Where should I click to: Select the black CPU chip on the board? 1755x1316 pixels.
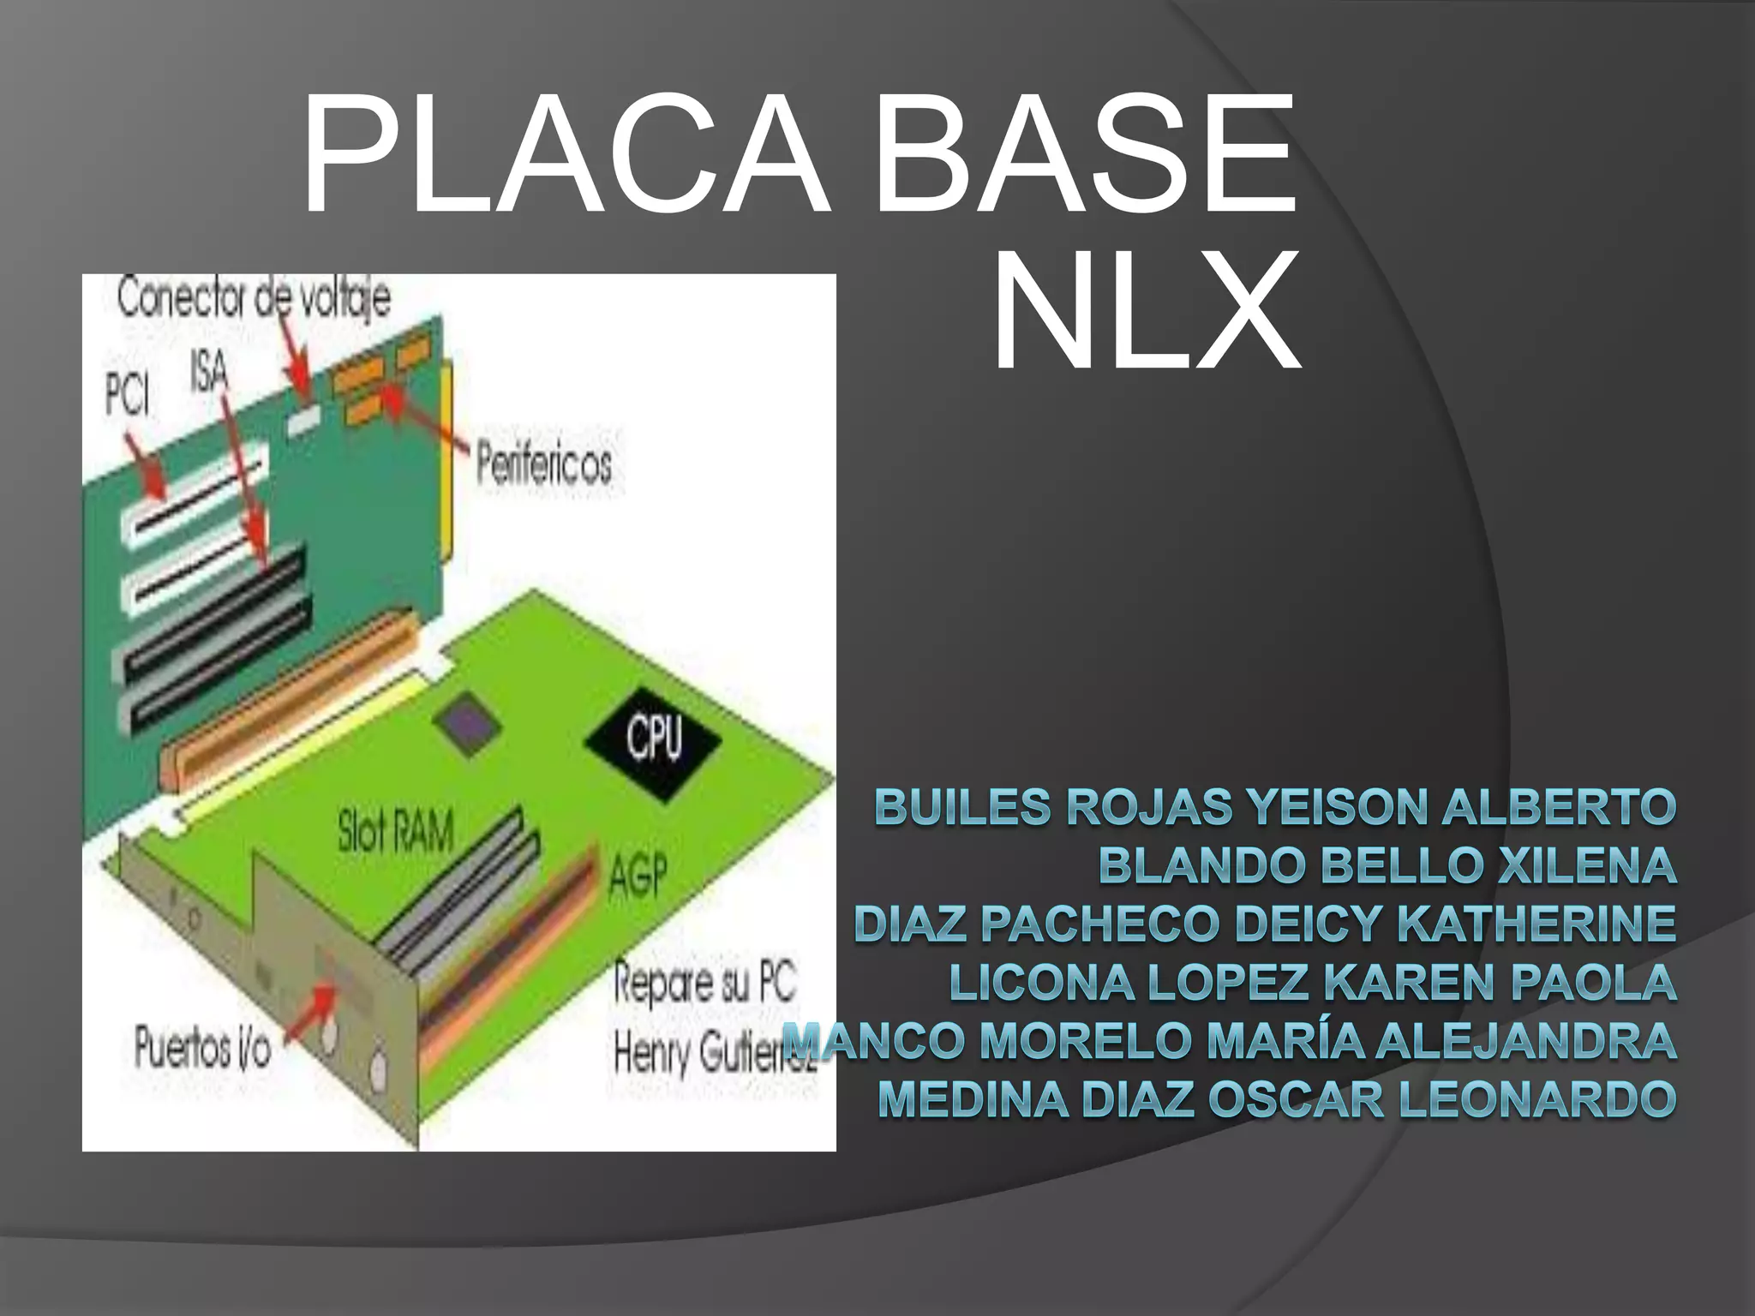point(653,739)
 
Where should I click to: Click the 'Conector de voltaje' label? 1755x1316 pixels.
point(254,299)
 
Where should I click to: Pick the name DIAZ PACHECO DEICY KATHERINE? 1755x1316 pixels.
point(1265,924)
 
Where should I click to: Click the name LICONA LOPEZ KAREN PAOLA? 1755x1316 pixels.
point(1312,982)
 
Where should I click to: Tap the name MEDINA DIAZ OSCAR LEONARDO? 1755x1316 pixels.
point(1277,1099)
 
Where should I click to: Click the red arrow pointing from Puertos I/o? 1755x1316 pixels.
point(309,1014)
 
